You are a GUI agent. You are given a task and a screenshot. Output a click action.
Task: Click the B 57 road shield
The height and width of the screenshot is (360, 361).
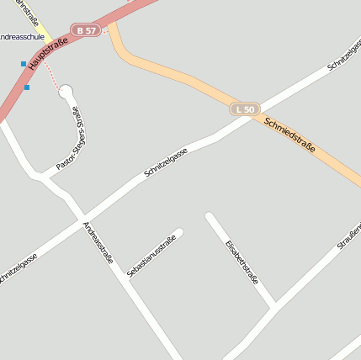pos(86,30)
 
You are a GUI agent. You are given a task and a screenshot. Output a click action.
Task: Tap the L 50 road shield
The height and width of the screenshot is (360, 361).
pos(245,109)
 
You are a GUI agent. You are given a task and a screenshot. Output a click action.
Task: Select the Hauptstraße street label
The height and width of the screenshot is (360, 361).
pos(48,53)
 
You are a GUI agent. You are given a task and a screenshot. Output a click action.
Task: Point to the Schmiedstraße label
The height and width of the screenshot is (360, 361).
pos(289,134)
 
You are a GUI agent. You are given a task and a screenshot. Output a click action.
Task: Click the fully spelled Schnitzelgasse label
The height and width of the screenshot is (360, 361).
pos(165,161)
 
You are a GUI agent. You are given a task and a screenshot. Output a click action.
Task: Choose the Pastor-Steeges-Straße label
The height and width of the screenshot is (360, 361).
pos(72,139)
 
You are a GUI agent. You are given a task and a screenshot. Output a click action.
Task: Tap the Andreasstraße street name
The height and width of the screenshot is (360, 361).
pos(98,242)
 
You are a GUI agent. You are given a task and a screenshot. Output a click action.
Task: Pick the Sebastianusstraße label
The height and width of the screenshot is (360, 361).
pos(151,256)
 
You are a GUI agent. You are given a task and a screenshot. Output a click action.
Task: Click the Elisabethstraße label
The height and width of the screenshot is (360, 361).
pos(242,262)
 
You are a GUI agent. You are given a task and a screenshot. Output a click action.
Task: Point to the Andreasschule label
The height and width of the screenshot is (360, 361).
pos(21,36)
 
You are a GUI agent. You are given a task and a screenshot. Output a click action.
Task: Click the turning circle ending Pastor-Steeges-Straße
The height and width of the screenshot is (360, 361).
pos(66,92)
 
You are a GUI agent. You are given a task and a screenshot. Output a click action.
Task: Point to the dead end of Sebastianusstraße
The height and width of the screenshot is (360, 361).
pos(178,233)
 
